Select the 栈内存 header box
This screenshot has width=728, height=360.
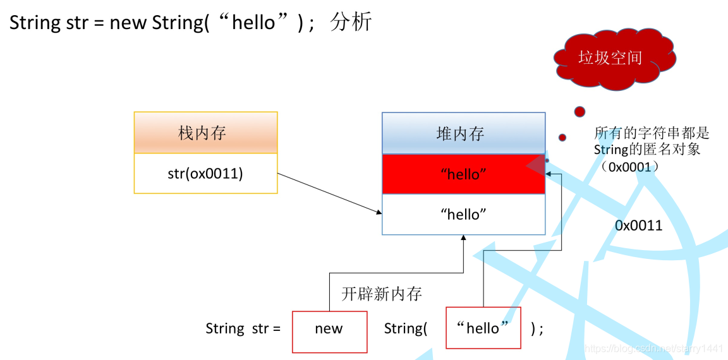[x=205, y=133]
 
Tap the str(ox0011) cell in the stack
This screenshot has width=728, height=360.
[x=205, y=173]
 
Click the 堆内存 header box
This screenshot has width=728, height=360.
[x=463, y=134]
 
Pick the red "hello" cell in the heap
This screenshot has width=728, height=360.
[x=463, y=174]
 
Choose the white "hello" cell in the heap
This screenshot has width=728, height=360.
[x=463, y=215]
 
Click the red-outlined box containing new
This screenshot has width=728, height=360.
[x=329, y=329]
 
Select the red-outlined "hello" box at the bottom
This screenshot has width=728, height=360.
[x=483, y=328]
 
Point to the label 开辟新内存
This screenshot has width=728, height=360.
[x=381, y=294]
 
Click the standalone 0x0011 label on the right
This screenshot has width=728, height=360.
[x=638, y=225]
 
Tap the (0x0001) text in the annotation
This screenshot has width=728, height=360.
[x=630, y=167]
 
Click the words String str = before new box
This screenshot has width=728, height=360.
[x=243, y=328]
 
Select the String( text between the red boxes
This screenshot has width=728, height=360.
[x=406, y=328]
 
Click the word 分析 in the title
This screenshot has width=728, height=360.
[x=351, y=23]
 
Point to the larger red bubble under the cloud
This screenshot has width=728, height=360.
[x=579, y=112]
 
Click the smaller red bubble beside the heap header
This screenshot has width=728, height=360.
[x=562, y=138]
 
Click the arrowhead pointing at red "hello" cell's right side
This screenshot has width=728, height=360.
[x=549, y=173]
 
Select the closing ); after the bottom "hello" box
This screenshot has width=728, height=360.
[x=537, y=328]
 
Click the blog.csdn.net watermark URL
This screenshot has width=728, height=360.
[x=653, y=349]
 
